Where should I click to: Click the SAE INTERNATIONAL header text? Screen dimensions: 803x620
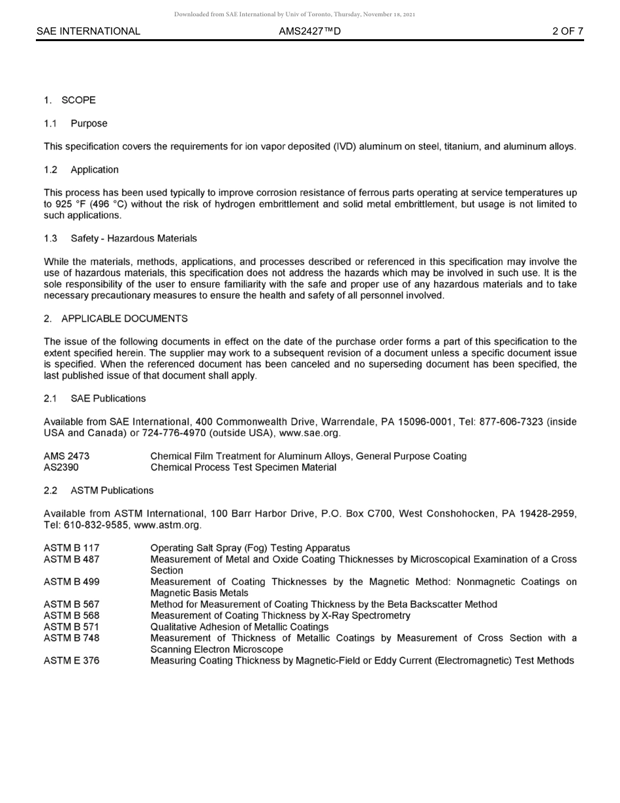[x=88, y=31]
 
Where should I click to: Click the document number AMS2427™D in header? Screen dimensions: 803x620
[x=309, y=31]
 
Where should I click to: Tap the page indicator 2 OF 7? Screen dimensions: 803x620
[x=567, y=31]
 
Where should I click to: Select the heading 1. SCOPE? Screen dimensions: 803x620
[x=70, y=100]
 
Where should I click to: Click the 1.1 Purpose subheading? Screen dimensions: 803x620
[x=76, y=123]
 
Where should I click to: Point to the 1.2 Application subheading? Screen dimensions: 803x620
[x=82, y=170]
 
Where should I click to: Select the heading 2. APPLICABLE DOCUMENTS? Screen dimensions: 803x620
[x=116, y=319]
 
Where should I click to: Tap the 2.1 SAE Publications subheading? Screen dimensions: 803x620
[x=95, y=398]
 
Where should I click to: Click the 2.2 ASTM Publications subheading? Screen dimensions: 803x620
[x=99, y=490]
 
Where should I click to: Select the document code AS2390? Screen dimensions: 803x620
[x=61, y=467]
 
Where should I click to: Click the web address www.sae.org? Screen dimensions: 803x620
[x=309, y=433]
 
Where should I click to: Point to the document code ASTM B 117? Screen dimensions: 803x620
[x=72, y=548]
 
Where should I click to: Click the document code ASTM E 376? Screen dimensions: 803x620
[x=72, y=661]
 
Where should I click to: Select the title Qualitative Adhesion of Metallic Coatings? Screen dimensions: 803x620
[x=240, y=627]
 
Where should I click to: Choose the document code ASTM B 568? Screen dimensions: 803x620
[x=72, y=616]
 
